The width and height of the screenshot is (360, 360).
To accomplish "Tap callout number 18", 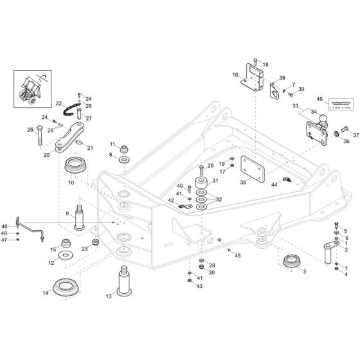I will click(x=265, y=65).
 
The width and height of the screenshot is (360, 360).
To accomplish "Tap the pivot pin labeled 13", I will click(x=123, y=280).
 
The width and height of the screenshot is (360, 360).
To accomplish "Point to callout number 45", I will click(x=238, y=256).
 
